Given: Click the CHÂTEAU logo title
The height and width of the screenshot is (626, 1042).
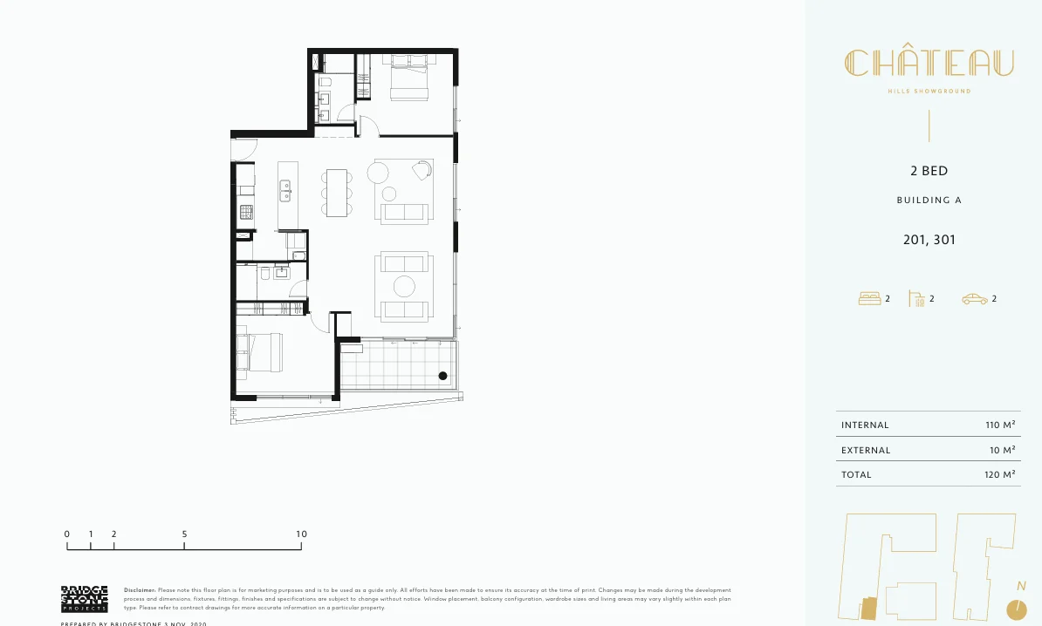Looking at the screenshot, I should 929,63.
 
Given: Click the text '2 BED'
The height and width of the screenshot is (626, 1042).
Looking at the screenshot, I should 929,171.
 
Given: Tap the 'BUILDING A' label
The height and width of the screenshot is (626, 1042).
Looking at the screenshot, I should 929,201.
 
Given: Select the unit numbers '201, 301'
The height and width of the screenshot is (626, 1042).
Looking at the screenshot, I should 929,239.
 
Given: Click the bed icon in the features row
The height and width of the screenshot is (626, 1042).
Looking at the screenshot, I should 869,299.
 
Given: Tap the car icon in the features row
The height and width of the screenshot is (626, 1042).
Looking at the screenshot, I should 974,299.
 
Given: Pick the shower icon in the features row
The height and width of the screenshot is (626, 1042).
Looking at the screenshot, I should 916,299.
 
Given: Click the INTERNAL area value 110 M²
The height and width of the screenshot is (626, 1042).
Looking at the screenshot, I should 1000,425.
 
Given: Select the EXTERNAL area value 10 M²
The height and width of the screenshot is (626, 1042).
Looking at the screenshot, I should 1002,451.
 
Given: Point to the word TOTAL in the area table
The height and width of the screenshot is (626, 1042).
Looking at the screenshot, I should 856,475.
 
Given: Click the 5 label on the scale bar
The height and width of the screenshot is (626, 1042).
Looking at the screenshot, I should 185,534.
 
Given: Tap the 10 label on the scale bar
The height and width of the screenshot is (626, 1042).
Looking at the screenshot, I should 301,534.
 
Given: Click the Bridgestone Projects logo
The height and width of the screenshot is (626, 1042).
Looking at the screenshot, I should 84,599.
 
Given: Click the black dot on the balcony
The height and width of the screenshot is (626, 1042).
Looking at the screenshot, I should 442,376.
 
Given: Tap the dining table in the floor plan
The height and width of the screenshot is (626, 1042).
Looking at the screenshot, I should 337,192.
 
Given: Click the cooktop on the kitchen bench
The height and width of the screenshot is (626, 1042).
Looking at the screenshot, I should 246,211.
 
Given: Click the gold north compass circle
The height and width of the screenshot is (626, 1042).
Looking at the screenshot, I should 1015,608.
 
